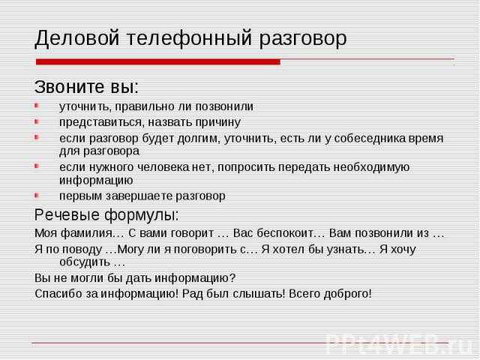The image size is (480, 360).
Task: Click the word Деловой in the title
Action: [76, 38]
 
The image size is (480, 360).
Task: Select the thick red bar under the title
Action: [158, 61]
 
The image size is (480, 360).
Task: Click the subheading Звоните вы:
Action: [87, 87]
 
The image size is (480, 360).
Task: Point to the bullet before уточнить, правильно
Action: [37, 106]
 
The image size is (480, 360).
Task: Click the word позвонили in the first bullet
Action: [224, 106]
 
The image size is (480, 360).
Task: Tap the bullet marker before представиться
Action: [37, 121]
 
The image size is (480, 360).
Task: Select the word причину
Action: [218, 122]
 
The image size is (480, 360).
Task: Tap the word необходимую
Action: [371, 167]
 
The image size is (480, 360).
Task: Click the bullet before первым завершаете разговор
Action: [37, 195]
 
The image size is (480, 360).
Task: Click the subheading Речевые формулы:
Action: [106, 214]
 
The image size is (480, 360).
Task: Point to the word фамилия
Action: [87, 233]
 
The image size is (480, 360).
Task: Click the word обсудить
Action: [85, 262]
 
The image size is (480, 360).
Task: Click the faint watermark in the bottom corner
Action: [398, 343]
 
